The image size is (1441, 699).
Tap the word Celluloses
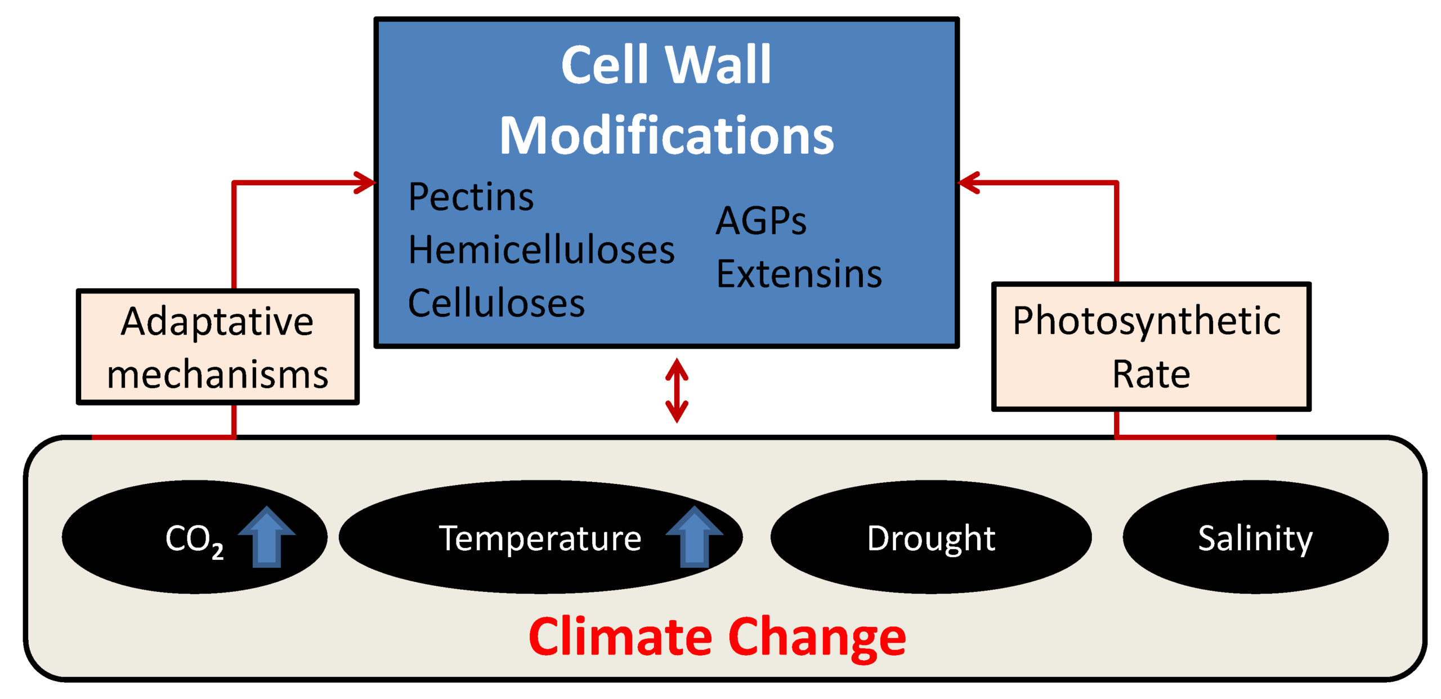tap(495, 302)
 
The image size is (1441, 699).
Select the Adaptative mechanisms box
tap(217, 347)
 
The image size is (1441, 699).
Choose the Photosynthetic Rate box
tap(1150, 347)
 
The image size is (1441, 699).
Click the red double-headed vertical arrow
tap(676, 390)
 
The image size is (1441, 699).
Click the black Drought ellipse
tap(930, 537)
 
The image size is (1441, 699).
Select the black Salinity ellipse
tap(1254, 537)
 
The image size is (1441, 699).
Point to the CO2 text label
tap(194, 540)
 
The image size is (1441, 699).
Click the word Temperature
tap(539, 538)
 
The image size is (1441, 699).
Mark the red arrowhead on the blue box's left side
tap(366, 182)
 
